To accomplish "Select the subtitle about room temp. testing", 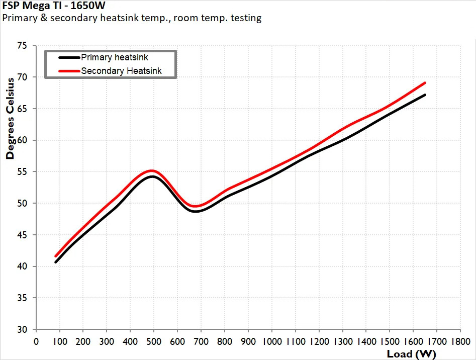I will click(132, 18).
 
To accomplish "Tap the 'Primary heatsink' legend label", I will click(115, 57).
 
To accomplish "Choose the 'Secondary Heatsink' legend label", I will click(121, 71).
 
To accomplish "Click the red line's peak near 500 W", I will click(152, 171).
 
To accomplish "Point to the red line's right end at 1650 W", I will click(425, 82).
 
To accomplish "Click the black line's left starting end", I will click(55, 262).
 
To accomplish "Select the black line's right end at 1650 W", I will click(425, 95).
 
